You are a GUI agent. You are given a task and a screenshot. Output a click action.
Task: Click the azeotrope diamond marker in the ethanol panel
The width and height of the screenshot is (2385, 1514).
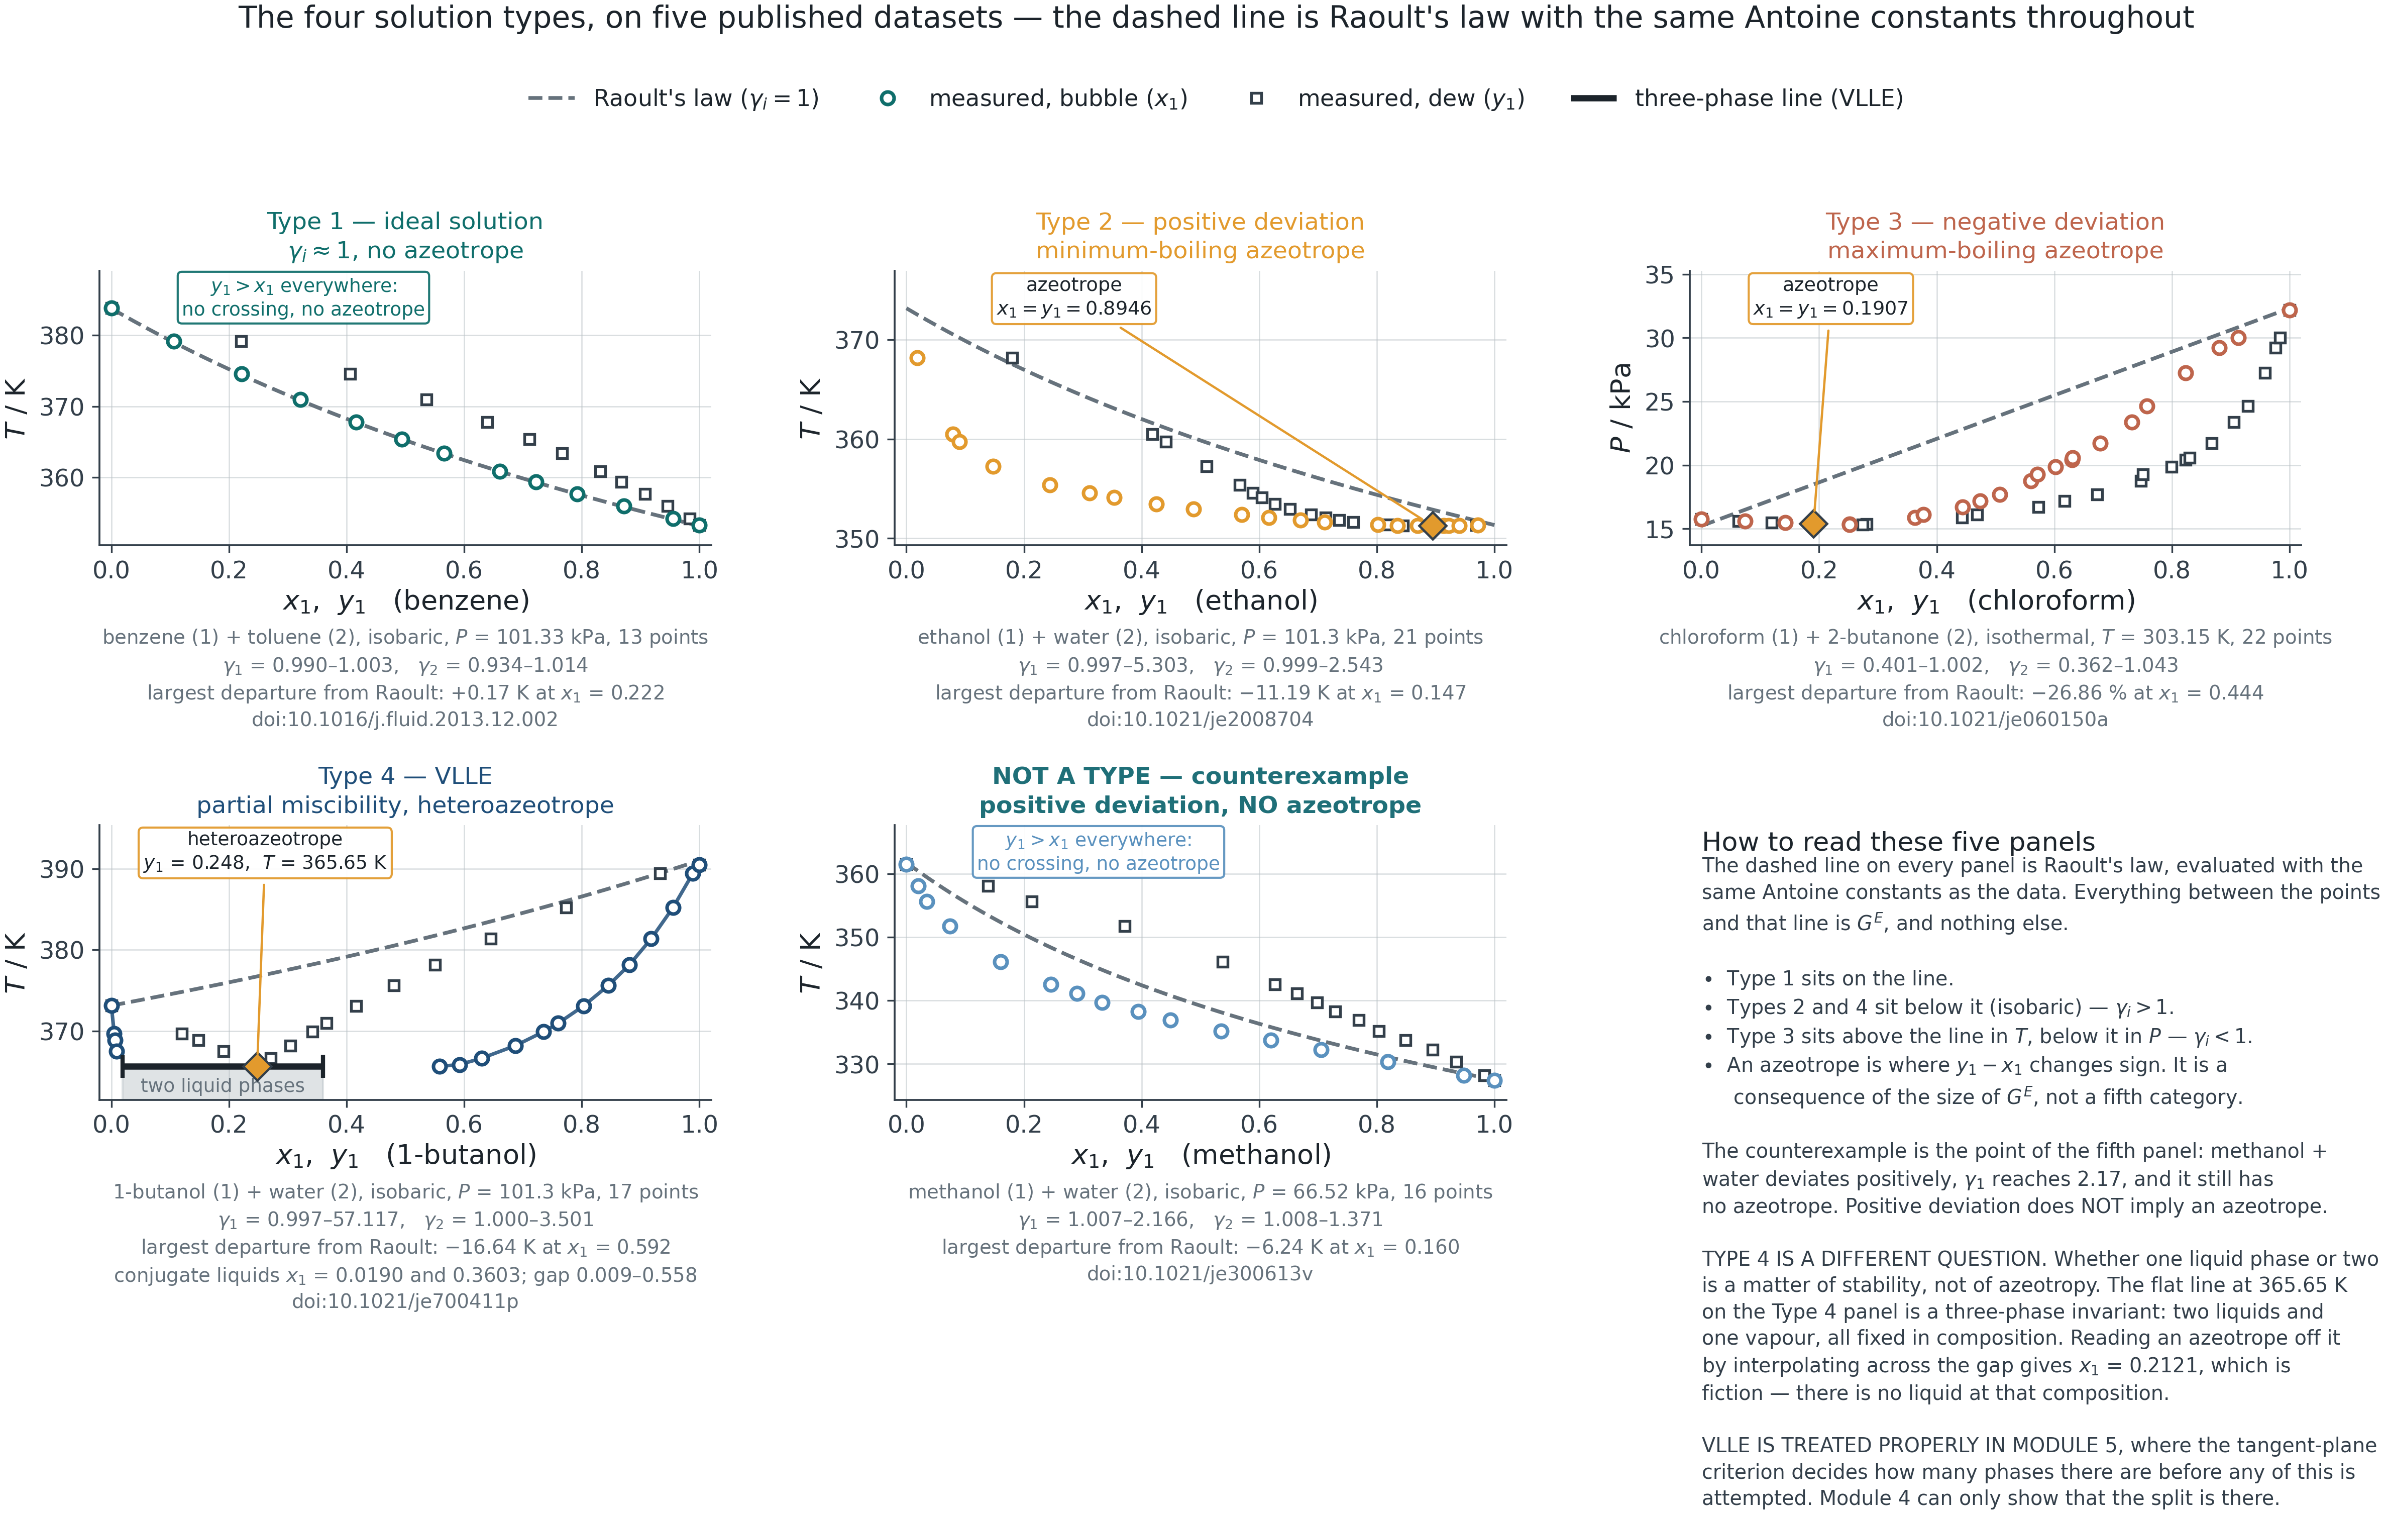coord(1432,525)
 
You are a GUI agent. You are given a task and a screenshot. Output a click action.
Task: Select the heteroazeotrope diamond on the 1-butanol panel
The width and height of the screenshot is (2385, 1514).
coord(258,1066)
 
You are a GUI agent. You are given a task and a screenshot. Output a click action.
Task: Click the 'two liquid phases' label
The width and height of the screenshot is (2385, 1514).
coord(223,1085)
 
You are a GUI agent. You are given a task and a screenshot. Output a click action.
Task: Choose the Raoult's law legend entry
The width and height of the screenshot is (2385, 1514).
coord(674,98)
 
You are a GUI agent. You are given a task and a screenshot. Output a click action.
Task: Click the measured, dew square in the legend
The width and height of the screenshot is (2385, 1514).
coord(1256,98)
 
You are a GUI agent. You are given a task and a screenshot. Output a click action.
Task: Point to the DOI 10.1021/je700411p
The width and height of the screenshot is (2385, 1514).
coord(405,1301)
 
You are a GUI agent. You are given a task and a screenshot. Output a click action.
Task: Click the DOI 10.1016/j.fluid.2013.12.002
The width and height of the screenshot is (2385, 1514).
coord(405,720)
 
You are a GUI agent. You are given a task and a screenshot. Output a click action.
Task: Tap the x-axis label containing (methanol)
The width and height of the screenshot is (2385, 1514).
coord(1202,1155)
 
